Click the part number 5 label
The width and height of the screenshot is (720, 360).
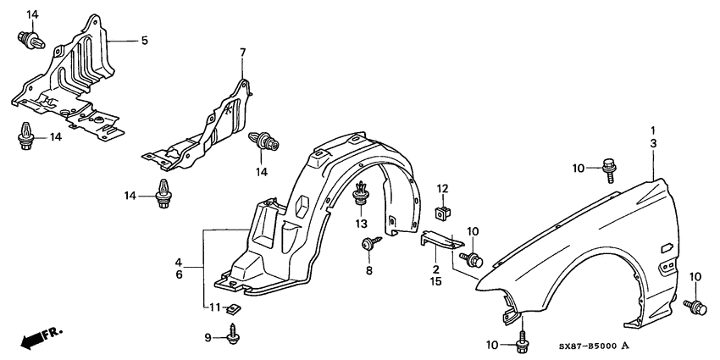coord(144,40)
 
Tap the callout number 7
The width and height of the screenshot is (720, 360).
coord(242,53)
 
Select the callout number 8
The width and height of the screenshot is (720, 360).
coord(369,270)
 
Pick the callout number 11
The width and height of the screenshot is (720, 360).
coord(215,307)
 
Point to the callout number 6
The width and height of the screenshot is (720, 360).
coord(180,274)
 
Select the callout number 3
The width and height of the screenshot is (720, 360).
coord(653,144)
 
